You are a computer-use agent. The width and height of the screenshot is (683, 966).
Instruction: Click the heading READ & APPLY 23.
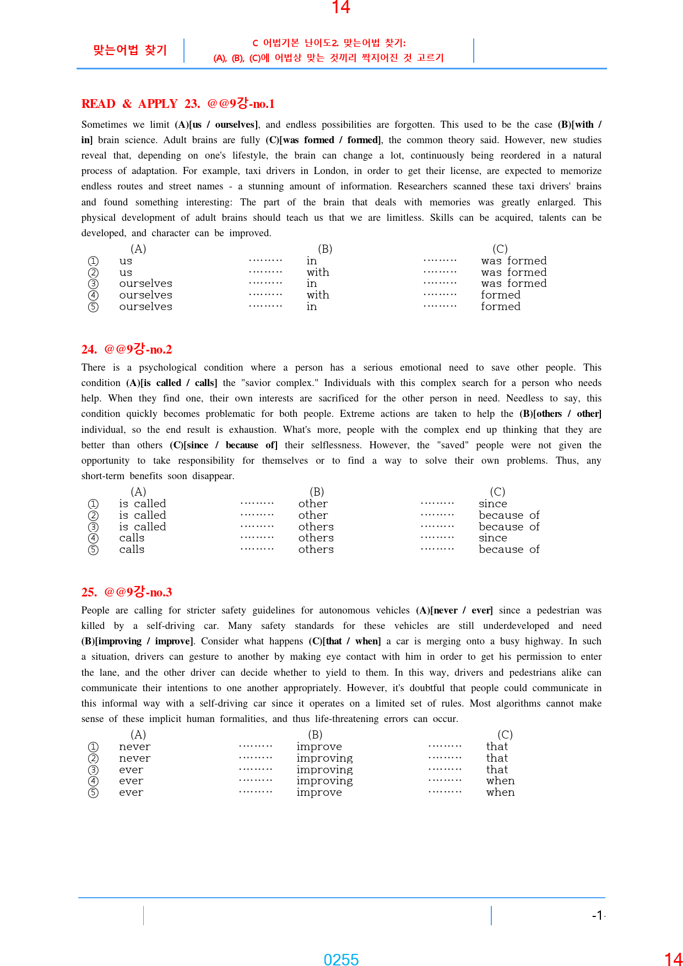[x=140, y=104]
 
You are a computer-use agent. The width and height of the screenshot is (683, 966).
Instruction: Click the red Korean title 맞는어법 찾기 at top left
[x=130, y=50]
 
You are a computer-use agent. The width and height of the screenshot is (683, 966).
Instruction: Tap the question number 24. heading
[x=89, y=350]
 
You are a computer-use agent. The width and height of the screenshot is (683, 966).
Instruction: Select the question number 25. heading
[x=89, y=593]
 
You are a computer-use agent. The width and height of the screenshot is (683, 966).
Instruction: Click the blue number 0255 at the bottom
[x=341, y=960]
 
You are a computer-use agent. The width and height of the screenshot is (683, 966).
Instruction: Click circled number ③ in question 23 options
[x=94, y=284]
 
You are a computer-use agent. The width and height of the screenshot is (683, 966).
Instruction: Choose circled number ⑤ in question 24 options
[x=94, y=550]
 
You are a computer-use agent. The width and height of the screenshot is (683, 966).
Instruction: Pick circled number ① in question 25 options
[x=94, y=747]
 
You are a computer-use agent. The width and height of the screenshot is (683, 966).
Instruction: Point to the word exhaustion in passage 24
[x=251, y=430]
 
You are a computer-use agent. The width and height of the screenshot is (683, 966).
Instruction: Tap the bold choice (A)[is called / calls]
[x=172, y=383]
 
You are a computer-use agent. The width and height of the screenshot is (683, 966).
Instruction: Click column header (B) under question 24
[x=317, y=492]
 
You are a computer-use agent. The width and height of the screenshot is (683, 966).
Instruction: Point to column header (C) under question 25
[x=505, y=735]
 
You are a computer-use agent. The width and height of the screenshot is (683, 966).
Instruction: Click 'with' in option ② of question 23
[x=318, y=273]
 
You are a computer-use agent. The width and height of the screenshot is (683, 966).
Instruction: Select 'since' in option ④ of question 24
[x=493, y=538]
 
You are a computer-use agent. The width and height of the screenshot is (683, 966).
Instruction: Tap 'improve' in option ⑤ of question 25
[x=319, y=793]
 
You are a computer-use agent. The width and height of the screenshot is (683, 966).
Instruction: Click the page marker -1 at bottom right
[x=598, y=915]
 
